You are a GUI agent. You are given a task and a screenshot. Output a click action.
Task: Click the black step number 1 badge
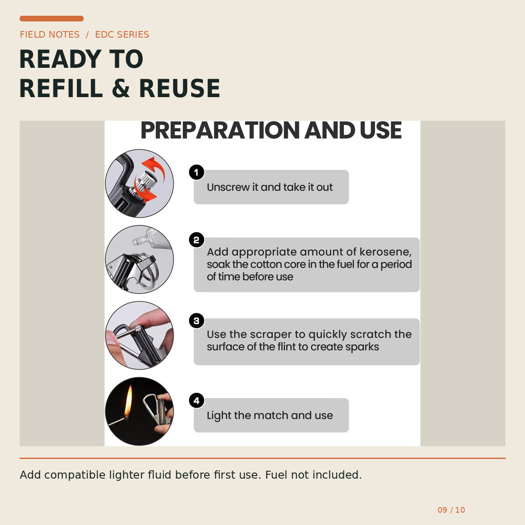[x=196, y=172]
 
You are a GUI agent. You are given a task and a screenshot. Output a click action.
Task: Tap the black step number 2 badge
[x=196, y=240]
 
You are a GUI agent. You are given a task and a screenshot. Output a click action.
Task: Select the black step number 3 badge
[x=196, y=321]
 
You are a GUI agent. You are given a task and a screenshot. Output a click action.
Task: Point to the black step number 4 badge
[x=196, y=400]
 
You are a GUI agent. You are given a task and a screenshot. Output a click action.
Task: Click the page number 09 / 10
[x=451, y=510]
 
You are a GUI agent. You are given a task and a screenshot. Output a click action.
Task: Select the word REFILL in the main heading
[x=61, y=88]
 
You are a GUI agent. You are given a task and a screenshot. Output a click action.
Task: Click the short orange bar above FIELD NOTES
[x=52, y=18]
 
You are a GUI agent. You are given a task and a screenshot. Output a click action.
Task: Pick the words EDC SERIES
[x=122, y=35]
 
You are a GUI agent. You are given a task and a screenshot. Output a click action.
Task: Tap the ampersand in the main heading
[x=121, y=88]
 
